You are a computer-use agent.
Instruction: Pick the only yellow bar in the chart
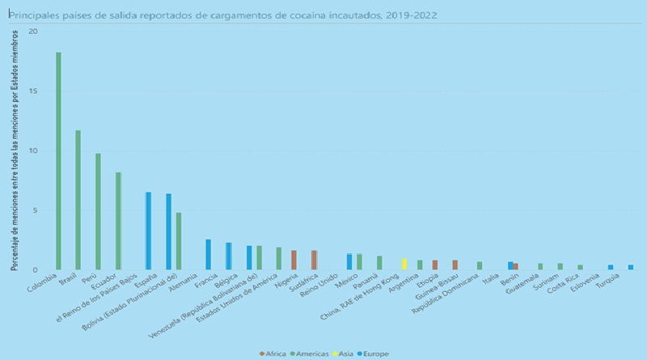click(404, 265)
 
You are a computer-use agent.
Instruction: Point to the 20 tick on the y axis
click(32, 32)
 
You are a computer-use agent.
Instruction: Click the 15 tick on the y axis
click(32, 91)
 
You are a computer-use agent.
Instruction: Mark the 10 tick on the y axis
click(32, 151)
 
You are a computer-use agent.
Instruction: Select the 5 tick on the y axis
click(34, 210)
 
